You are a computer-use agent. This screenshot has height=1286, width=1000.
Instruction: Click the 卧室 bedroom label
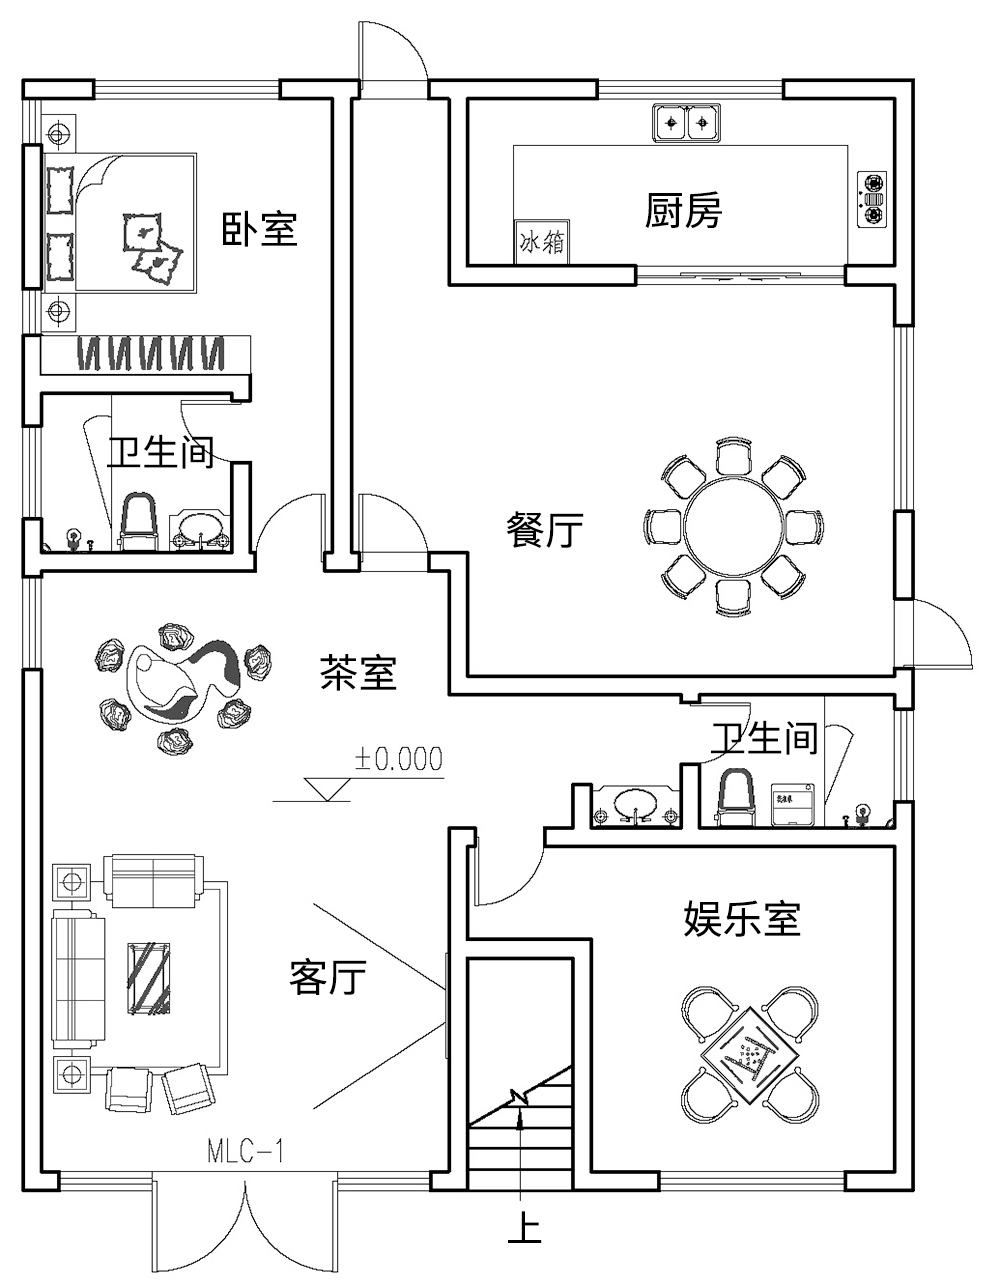click(259, 229)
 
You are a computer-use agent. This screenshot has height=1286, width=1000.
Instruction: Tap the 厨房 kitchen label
click(682, 211)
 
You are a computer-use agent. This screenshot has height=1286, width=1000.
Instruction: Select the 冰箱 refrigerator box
click(541, 242)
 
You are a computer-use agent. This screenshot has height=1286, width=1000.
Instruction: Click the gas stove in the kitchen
click(873, 198)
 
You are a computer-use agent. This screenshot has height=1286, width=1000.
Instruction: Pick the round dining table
click(733, 526)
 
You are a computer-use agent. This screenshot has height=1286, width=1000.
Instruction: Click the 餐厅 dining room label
click(544, 530)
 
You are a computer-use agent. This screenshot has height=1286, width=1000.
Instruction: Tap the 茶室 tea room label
click(358, 672)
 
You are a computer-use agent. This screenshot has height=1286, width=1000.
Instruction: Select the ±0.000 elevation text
click(397, 759)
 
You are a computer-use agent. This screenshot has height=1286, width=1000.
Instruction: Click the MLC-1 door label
click(246, 1151)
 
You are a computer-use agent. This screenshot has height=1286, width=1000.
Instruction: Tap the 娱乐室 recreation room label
click(742, 918)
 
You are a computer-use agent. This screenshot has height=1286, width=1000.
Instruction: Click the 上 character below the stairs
click(524, 1228)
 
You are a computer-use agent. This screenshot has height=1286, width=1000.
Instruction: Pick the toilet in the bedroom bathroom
click(139, 520)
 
